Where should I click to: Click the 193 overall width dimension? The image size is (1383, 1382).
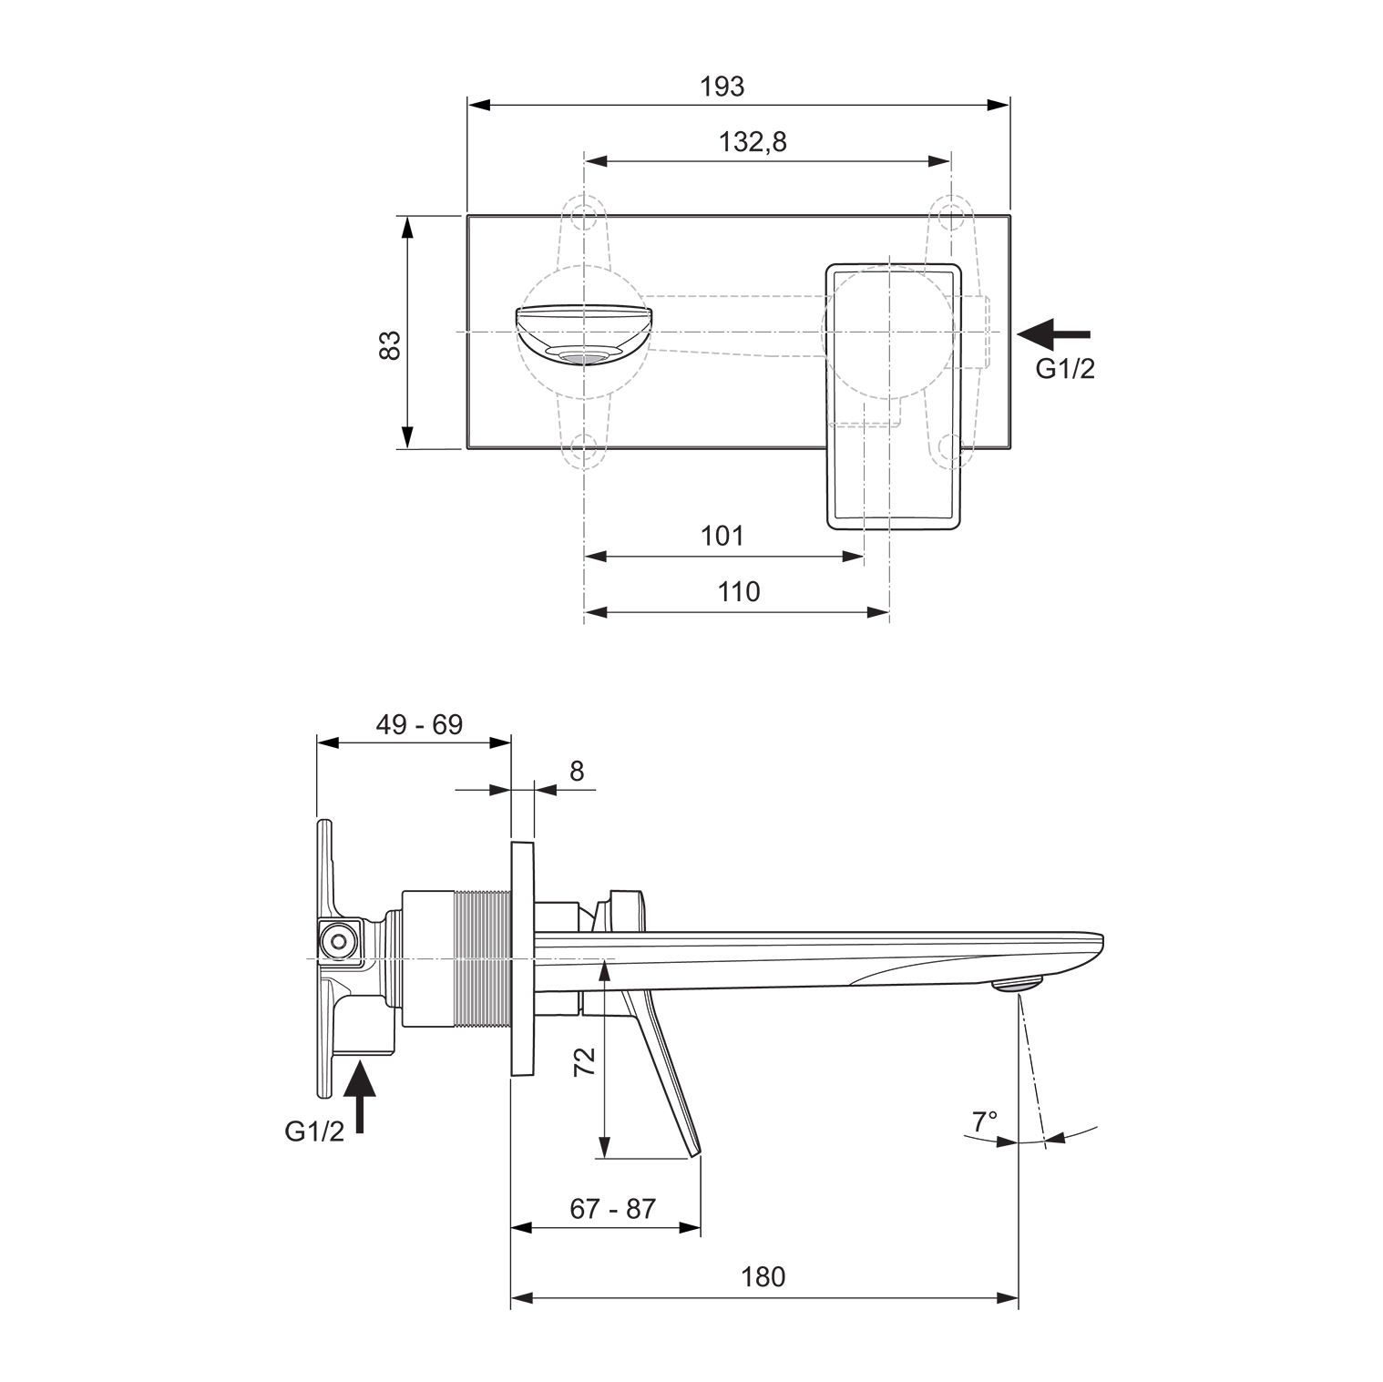722,87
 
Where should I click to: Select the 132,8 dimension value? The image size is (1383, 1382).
752,142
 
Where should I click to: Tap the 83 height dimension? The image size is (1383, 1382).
390,344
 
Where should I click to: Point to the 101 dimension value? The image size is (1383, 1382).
722,536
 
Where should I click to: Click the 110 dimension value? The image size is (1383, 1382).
738,592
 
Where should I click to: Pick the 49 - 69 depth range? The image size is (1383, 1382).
419,725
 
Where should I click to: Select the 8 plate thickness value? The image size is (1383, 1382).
577,772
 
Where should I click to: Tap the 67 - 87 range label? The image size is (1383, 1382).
612,1209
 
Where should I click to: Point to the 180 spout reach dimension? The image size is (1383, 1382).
763,1277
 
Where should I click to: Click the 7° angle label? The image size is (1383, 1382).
984,1121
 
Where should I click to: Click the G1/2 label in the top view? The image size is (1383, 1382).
1064,369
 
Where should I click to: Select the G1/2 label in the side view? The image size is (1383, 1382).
314,1131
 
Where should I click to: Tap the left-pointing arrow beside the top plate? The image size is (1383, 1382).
1052,334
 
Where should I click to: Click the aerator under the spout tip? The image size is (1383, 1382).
1017,984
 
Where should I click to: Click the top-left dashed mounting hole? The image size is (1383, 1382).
583,218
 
